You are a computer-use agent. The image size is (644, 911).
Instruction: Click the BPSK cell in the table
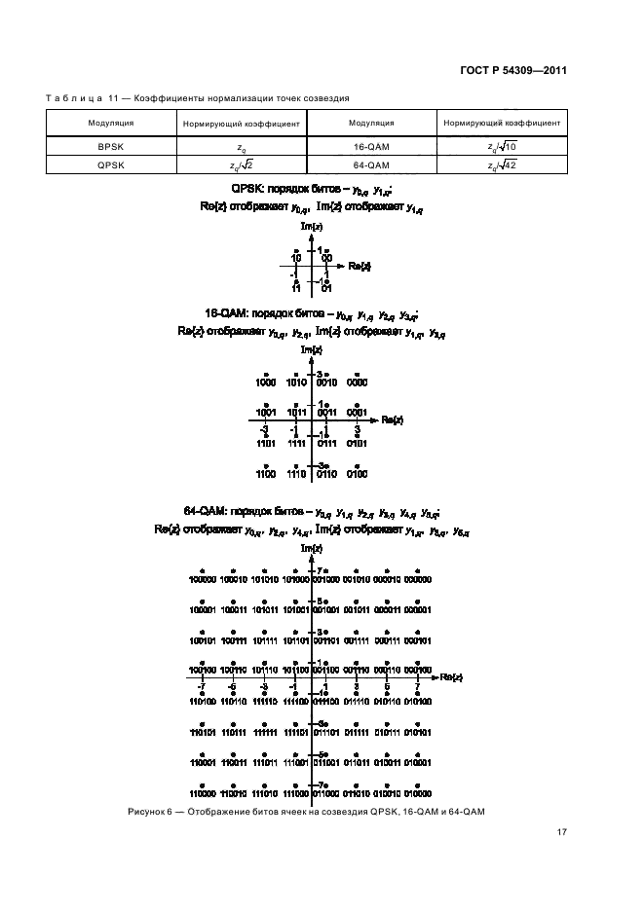pos(110,146)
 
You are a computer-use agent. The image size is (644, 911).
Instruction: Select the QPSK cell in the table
pos(110,164)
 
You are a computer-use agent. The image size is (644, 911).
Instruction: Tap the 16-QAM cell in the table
pos(370,146)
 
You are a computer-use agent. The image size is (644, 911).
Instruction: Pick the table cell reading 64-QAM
pos(370,164)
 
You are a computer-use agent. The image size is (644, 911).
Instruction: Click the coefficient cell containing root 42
pos(502,164)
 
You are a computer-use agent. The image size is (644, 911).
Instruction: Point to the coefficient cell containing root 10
pos(502,146)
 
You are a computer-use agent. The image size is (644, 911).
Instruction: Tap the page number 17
pos(562,832)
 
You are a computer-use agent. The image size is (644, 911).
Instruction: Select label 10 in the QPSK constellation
pos(296,258)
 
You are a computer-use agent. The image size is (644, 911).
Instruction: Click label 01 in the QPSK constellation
pos(327,288)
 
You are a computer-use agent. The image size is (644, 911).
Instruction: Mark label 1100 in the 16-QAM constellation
pos(265,474)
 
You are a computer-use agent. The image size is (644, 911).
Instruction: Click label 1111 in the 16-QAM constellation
pos(296,443)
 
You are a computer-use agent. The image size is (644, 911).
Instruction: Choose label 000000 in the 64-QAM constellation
pos(418,579)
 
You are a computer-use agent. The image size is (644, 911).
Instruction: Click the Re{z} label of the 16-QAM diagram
pos(393,419)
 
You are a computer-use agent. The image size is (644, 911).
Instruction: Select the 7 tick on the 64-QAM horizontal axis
pos(417,687)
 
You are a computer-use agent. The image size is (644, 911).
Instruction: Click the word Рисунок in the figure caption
pos(147,812)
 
